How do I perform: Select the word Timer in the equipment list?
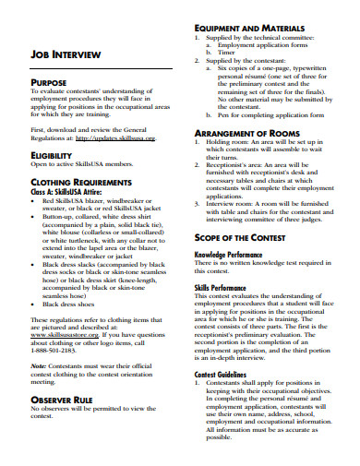pyautogui.click(x=226, y=53)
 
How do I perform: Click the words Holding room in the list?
pyautogui.click(x=227, y=144)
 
